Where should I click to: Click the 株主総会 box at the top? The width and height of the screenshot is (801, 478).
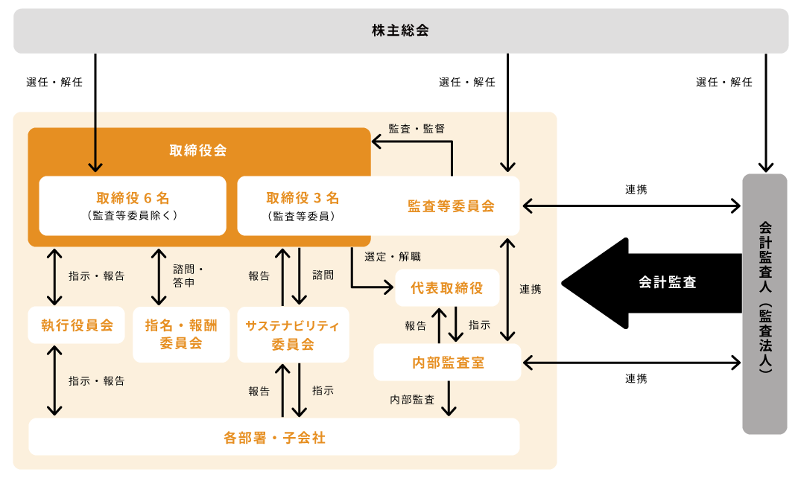[401, 31]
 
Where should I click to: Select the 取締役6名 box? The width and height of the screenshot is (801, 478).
[133, 205]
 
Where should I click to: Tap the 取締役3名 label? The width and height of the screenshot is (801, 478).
[303, 198]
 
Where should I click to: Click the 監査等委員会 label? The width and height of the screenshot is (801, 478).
[451, 206]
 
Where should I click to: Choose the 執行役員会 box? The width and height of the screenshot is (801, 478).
[77, 325]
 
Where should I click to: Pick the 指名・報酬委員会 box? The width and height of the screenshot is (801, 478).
[181, 334]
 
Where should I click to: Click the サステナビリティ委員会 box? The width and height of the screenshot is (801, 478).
[293, 334]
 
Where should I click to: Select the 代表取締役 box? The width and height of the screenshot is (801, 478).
[447, 288]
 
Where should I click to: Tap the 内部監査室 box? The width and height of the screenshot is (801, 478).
[448, 363]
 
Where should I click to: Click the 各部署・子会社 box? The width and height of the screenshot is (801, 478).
[274, 437]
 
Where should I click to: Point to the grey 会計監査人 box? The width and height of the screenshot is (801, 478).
[764, 304]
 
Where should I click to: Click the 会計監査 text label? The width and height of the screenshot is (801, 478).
[668, 282]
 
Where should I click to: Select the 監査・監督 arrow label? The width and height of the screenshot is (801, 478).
[417, 129]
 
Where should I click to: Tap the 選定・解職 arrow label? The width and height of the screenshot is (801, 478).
[393, 257]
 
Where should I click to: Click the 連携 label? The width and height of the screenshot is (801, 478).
[530, 290]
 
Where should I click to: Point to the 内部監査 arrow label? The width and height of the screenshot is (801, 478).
[412, 400]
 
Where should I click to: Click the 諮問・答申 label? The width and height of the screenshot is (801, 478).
[189, 275]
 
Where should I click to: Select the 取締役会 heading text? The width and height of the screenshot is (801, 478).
[198, 150]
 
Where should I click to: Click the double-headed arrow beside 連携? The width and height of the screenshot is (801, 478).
[508, 290]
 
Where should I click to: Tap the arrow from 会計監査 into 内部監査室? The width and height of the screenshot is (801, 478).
[540, 363]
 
